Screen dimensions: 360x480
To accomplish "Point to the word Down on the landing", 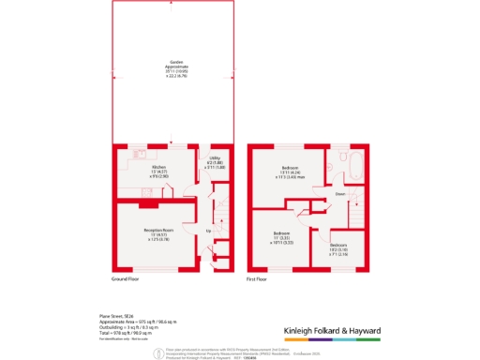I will pos(341,195).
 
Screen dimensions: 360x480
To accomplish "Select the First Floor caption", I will pos(259,279).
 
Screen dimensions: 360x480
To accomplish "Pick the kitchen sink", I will pos(138,153).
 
